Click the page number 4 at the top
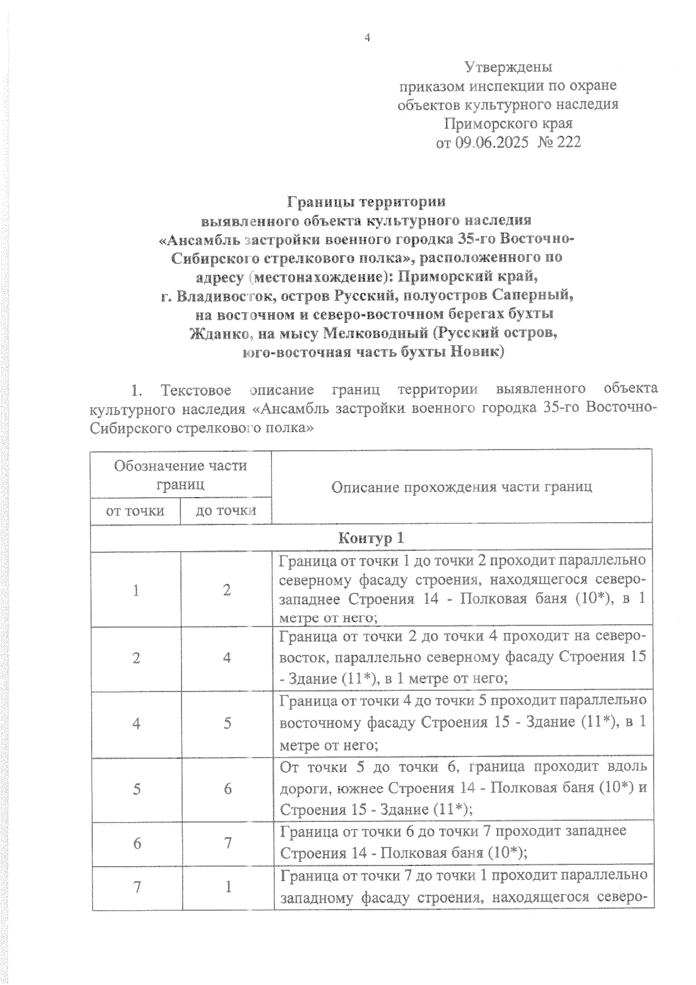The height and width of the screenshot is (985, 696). tap(367, 38)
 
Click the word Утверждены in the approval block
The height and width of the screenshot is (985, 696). tap(508, 67)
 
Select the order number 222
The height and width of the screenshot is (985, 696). tap(568, 142)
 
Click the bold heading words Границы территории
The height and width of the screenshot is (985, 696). tap(367, 202)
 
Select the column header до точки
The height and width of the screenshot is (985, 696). tap(226, 510)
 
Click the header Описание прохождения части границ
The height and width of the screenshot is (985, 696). tap(462, 486)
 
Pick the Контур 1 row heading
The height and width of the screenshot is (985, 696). tap(371, 538)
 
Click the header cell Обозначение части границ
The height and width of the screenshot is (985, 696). tap(180, 474)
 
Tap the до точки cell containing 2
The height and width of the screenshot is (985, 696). tap(227, 590)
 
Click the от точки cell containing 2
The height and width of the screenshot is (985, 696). tap(136, 658)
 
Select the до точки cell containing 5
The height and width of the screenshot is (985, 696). tap(227, 723)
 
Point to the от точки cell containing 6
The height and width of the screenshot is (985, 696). tap(137, 843)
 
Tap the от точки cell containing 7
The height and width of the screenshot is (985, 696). tap(137, 888)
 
